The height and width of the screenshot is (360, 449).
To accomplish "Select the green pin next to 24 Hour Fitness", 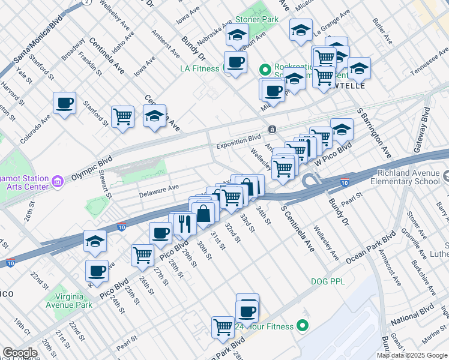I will (303, 326).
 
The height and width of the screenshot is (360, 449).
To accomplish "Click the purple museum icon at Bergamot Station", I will (58, 181).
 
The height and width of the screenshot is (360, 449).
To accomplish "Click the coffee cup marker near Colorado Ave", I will (64, 103).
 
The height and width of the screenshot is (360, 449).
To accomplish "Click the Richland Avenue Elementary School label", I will (405, 177).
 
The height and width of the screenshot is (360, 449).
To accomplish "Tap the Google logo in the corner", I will (20, 353).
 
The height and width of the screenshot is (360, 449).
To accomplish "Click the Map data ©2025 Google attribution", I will (412, 355).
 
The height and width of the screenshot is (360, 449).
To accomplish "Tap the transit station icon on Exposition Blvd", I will (272, 130).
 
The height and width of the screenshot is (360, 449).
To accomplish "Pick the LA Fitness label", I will (200, 68).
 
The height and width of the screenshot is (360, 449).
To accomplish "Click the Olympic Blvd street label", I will (92, 169).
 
